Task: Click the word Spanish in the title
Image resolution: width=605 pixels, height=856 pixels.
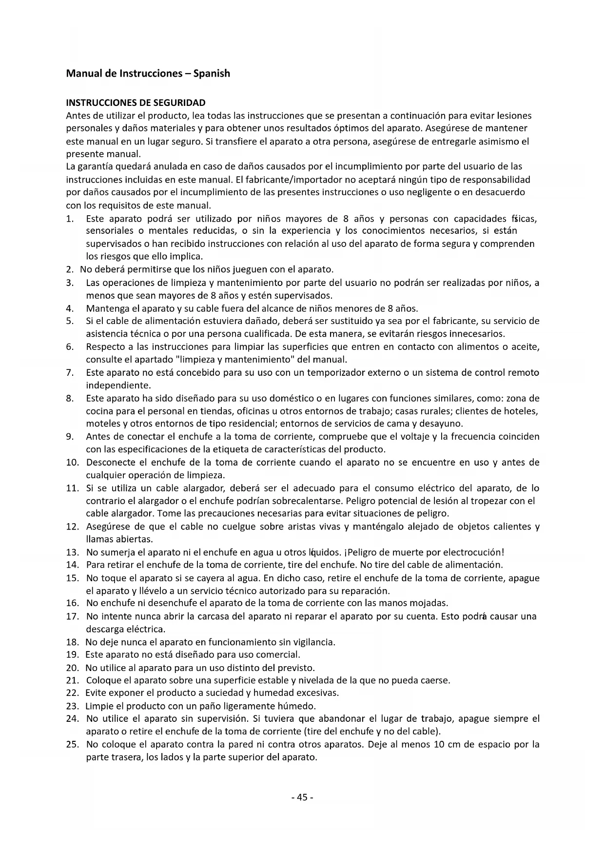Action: click(212, 74)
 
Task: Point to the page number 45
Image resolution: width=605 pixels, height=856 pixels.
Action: click(302, 797)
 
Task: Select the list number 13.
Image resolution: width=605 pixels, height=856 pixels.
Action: click(72, 552)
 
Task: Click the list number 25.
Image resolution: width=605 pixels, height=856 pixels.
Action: click(72, 745)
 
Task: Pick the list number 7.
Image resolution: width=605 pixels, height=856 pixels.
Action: click(70, 373)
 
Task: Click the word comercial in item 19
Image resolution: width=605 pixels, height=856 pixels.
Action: click(280, 655)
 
